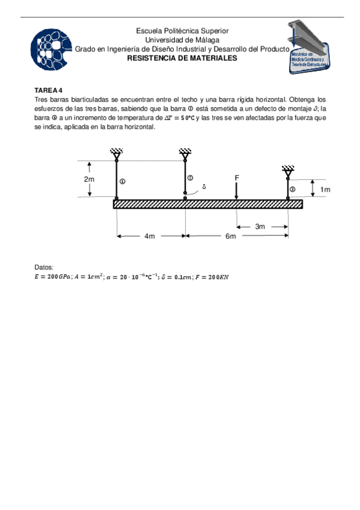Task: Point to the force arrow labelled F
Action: tap(237, 189)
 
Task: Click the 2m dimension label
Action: tap(89, 179)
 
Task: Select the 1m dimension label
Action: tap(325, 189)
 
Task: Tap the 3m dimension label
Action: tap(260, 227)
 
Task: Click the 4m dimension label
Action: tap(150, 236)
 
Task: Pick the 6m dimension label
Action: tap(231, 236)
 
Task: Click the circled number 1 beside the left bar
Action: tap(122, 181)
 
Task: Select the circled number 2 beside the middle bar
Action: tap(191, 177)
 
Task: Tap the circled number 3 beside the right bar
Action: tap(293, 189)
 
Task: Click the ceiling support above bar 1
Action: tap(116, 155)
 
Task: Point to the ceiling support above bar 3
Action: tap(288, 171)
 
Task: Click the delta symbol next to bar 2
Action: tap(204, 187)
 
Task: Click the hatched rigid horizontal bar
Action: tap(207, 204)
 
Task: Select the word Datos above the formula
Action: tap(44, 267)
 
